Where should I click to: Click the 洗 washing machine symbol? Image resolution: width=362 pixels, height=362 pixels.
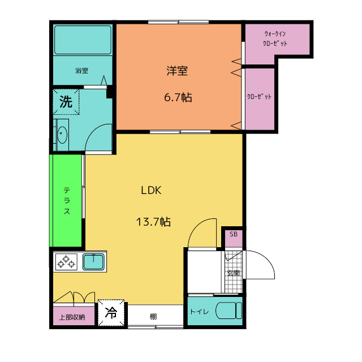(x=66, y=102)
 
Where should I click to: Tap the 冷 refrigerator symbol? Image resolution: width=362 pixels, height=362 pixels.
(x=111, y=312)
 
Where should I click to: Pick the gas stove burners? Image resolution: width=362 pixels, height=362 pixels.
(x=66, y=262)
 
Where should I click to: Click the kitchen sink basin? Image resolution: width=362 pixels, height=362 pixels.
(x=92, y=262)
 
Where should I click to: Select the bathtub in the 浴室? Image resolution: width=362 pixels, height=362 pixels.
(x=82, y=40)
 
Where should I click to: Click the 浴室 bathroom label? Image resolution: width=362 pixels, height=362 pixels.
(x=82, y=71)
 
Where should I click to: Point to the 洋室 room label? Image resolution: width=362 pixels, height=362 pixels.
(x=177, y=71)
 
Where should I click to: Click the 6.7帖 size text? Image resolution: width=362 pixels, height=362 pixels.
(x=178, y=97)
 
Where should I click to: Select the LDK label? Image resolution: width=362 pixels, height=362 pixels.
(x=152, y=191)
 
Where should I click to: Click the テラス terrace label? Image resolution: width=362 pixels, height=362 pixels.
(x=67, y=201)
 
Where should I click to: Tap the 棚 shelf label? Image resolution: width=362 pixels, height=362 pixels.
(x=153, y=316)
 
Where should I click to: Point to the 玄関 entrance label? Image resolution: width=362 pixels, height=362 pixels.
(x=234, y=273)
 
